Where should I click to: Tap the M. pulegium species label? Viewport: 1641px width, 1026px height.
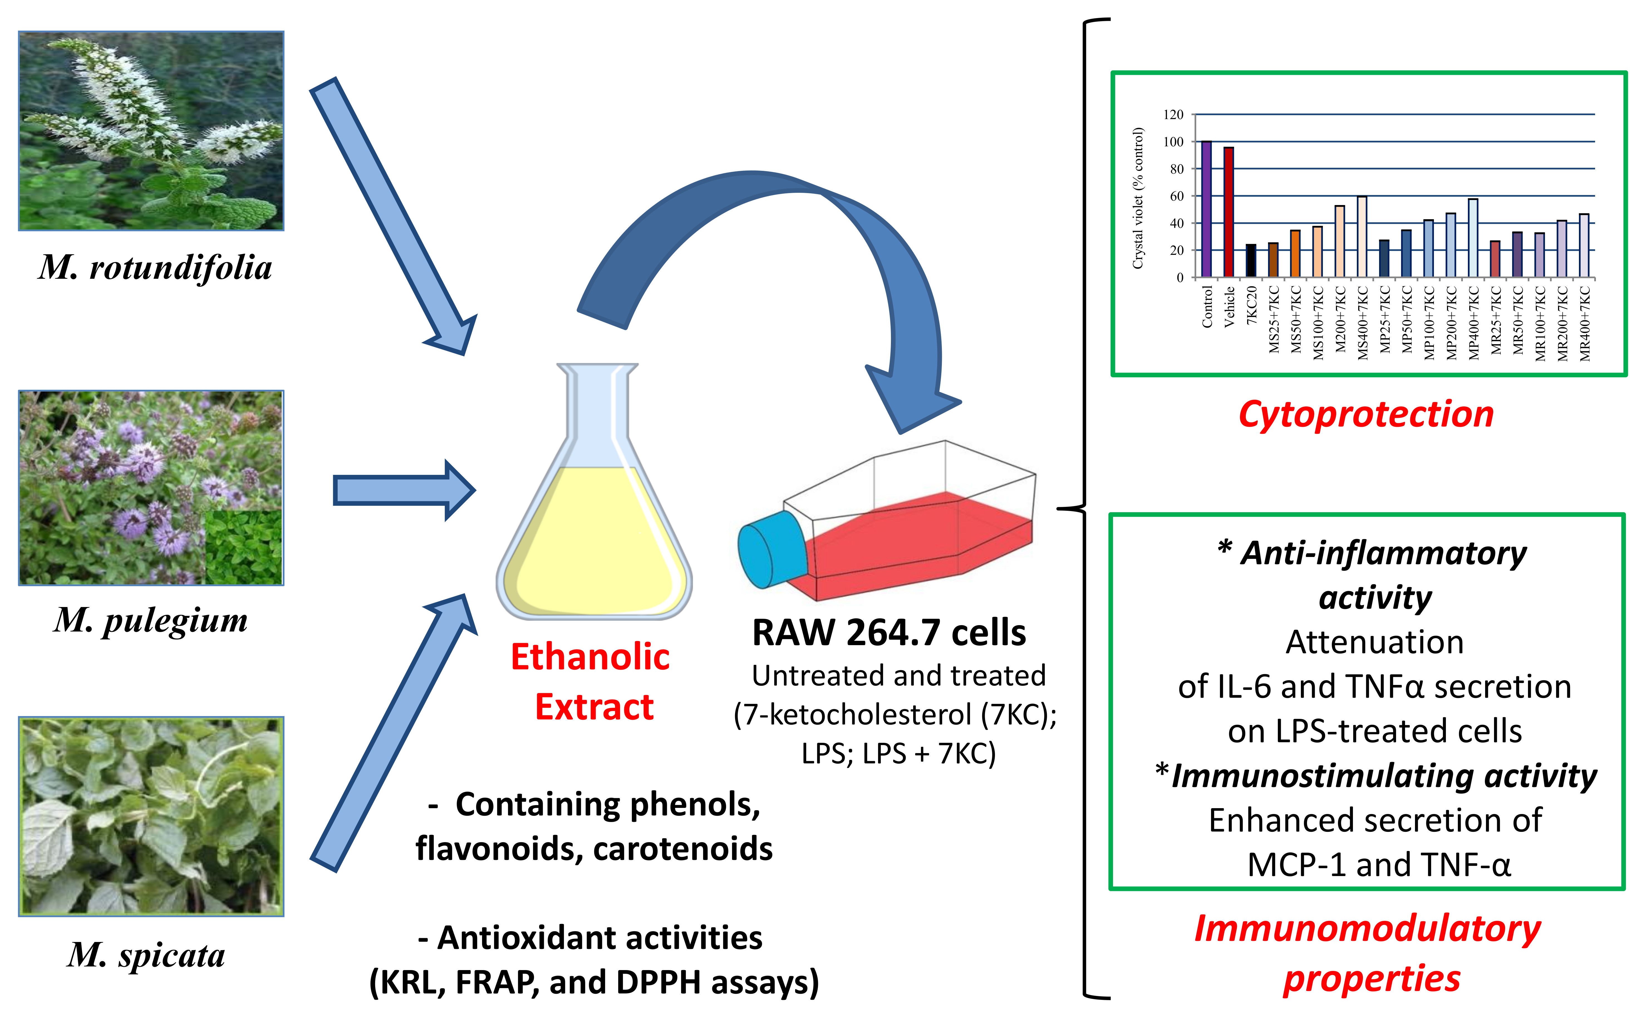pyautogui.click(x=151, y=620)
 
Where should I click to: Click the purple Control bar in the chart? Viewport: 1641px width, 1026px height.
pyautogui.click(x=1206, y=209)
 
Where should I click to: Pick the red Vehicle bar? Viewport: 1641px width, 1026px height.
pyautogui.click(x=1228, y=212)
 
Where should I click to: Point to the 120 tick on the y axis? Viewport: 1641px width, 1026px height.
pyautogui.click(x=1173, y=115)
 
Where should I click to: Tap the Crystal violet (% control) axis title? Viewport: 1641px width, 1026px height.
pyautogui.click(x=1138, y=198)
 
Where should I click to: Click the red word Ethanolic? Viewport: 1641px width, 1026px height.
pyautogui.click(x=590, y=657)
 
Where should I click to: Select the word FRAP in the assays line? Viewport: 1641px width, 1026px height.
pyautogui.click(x=497, y=982)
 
